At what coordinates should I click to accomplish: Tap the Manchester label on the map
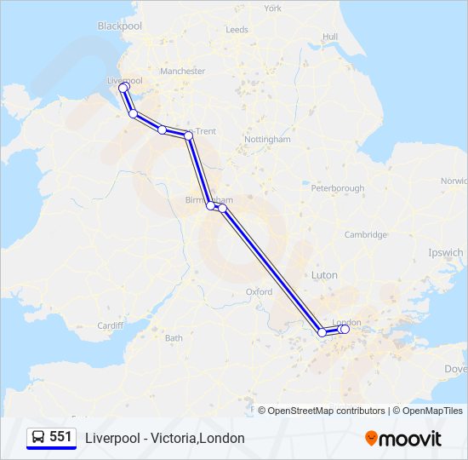tap(183, 72)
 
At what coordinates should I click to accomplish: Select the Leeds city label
tap(237, 30)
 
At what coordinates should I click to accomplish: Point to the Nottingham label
tap(267, 139)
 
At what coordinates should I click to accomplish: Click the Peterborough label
tap(338, 188)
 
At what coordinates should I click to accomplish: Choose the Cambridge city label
tap(366, 235)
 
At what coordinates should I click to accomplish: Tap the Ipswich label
tap(447, 253)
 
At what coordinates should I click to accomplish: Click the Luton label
tap(324, 276)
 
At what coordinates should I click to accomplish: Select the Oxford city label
tap(259, 291)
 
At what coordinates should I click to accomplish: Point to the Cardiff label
tap(111, 325)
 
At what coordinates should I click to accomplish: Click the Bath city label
tap(174, 338)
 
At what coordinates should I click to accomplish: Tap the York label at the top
tap(272, 9)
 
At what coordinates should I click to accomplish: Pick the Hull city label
tap(330, 37)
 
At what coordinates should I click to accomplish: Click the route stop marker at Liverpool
tap(123, 88)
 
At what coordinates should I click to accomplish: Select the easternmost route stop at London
tap(345, 329)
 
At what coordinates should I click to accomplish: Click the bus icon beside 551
tap(38, 437)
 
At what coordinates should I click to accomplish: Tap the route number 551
tap(60, 437)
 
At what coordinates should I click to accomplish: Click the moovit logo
tap(403, 438)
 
